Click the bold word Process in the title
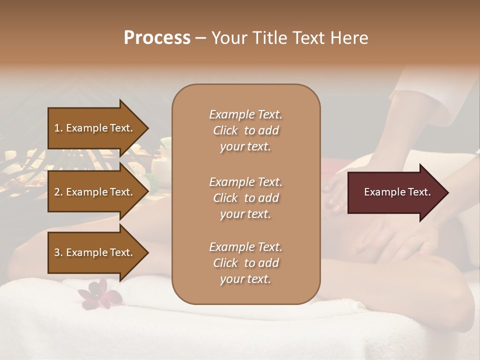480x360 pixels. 157,38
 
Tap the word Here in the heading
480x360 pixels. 348,38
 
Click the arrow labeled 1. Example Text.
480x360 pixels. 95,128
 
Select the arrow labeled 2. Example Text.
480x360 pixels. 95,192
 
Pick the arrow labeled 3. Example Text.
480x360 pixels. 95,252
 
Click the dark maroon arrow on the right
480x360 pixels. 395,192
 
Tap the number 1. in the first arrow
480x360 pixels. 58,128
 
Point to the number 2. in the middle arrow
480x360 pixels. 58,192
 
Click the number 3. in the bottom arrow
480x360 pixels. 58,253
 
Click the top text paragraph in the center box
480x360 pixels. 245,130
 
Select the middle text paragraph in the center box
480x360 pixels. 245,198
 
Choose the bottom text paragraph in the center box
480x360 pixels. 245,263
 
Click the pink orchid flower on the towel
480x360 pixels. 100,295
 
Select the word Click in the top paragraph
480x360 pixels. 225,131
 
